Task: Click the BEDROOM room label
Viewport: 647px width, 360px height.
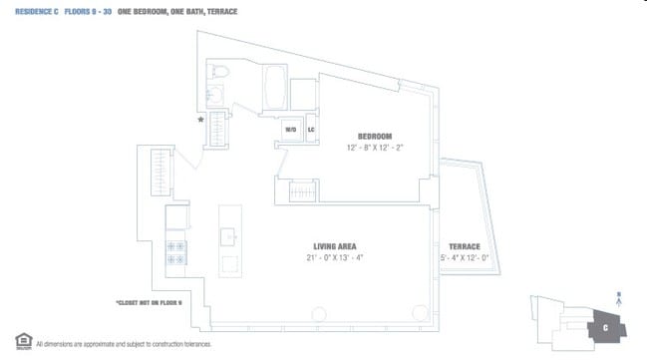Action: point(375,136)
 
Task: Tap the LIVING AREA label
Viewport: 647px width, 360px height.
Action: point(334,246)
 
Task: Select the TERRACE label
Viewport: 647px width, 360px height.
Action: point(464,246)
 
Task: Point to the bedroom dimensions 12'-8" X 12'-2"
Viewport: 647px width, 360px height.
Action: point(375,148)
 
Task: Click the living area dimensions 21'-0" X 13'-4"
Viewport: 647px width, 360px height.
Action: point(334,258)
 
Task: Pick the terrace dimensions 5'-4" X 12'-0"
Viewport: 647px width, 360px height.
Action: point(464,258)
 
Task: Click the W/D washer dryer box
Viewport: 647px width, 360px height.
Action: point(291,130)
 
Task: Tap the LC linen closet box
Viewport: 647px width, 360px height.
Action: point(311,130)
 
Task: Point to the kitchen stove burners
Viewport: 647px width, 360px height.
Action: point(176,252)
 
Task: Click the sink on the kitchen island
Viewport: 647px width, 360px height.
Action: point(228,236)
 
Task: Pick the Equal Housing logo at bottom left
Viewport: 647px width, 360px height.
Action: point(21,341)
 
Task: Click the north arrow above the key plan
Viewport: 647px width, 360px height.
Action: point(619,296)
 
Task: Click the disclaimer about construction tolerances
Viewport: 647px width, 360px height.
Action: point(124,343)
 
